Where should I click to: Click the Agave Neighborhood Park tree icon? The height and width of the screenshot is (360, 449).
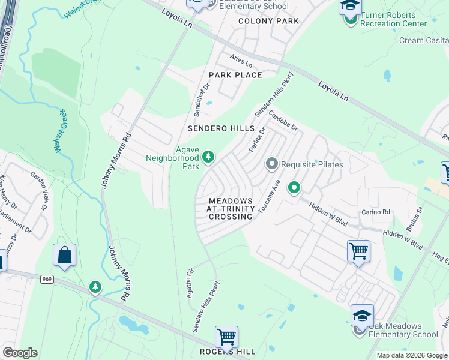[x=208, y=157]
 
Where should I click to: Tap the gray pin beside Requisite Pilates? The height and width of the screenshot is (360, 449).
[x=271, y=164]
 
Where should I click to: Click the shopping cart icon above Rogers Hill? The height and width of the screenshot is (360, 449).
[x=226, y=337]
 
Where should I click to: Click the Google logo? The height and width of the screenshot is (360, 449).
[x=20, y=353]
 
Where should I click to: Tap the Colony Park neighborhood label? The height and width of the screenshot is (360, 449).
[x=268, y=21]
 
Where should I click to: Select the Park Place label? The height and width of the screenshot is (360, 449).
[x=235, y=75]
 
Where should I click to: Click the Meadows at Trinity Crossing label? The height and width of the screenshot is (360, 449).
[x=230, y=208]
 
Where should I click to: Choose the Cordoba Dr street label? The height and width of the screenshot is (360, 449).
[x=283, y=119]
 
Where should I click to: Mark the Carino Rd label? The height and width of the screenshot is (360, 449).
[x=376, y=212]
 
